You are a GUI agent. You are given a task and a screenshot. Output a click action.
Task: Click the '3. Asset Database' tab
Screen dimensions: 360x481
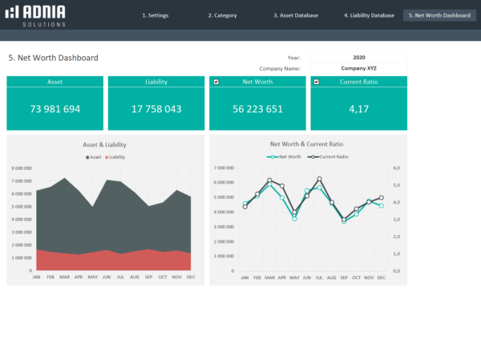coord(296,15)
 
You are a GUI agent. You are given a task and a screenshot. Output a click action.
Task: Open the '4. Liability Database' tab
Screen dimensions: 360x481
coord(369,15)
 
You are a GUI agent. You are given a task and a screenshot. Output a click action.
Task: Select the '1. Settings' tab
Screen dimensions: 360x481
coord(156,15)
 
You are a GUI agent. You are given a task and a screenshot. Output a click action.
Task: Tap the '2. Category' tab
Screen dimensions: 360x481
coord(222,15)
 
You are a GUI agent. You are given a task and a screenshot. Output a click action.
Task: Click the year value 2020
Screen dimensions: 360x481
coord(358,58)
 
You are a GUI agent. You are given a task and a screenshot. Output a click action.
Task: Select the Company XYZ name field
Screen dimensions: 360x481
coord(358,68)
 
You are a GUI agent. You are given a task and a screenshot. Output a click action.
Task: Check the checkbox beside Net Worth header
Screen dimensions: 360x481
coord(216,82)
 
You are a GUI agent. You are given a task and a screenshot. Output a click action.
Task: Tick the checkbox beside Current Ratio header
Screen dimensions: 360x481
coord(317,82)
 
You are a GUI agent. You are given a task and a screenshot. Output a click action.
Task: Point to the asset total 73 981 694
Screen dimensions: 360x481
coord(55,109)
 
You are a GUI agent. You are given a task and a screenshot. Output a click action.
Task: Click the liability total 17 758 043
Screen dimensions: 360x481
coord(156,109)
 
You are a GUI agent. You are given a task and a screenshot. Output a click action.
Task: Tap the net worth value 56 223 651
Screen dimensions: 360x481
coord(257,109)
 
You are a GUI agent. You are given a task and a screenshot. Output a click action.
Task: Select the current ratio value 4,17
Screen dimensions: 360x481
coord(358,109)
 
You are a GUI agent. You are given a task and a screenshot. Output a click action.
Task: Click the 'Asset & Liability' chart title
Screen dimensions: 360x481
coord(105,144)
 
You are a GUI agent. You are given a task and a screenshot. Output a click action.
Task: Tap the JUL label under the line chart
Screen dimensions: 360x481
coord(319,277)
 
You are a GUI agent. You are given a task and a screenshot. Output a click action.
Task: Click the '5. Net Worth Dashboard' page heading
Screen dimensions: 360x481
coord(53,58)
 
